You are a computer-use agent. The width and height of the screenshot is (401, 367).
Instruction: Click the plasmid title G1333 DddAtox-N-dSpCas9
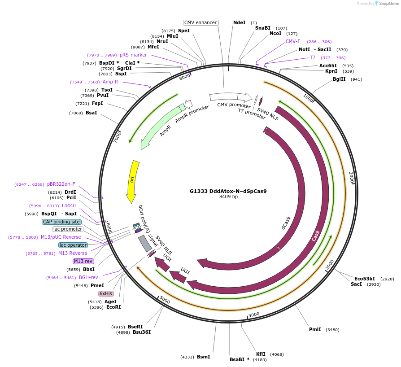point(228,191)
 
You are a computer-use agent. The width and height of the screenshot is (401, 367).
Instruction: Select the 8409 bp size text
point(228,197)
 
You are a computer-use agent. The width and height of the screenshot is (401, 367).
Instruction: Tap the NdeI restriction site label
point(239,22)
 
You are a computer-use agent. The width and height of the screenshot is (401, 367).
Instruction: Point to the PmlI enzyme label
point(315,329)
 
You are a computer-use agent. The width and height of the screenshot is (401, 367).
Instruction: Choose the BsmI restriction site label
point(203,357)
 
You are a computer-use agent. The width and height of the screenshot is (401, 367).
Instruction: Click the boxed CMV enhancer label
point(200,22)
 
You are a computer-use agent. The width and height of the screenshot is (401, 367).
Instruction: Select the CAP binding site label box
point(61,222)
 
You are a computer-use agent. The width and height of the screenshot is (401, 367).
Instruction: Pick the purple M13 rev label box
point(83,261)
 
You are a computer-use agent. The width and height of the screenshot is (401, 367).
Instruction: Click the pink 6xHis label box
point(106,293)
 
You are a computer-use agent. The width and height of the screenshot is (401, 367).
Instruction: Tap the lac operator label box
point(73,245)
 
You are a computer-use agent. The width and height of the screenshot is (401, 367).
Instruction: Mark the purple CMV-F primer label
point(293,41)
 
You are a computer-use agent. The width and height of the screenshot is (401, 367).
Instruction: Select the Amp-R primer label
point(110,82)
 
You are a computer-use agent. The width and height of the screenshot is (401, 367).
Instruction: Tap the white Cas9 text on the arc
point(316,236)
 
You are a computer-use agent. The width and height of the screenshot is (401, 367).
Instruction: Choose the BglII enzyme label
point(339,79)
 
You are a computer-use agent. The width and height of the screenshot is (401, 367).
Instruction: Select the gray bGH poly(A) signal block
point(145,243)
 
